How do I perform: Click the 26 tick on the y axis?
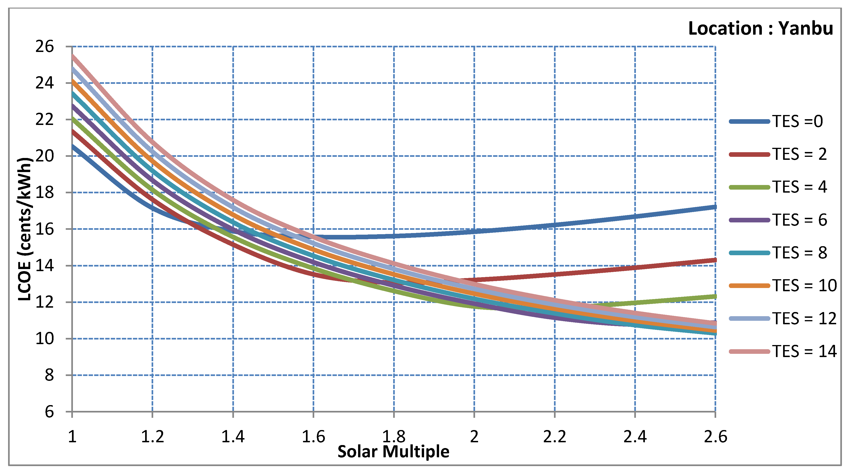[x=45, y=47]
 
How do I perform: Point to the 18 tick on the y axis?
[x=45, y=193]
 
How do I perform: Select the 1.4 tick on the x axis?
[x=233, y=437]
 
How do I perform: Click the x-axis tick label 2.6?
[x=715, y=437]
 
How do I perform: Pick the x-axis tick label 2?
[x=474, y=437]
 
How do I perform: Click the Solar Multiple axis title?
[x=393, y=452]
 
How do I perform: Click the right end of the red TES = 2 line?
[x=715, y=260]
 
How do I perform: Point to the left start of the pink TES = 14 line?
[x=73, y=56]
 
